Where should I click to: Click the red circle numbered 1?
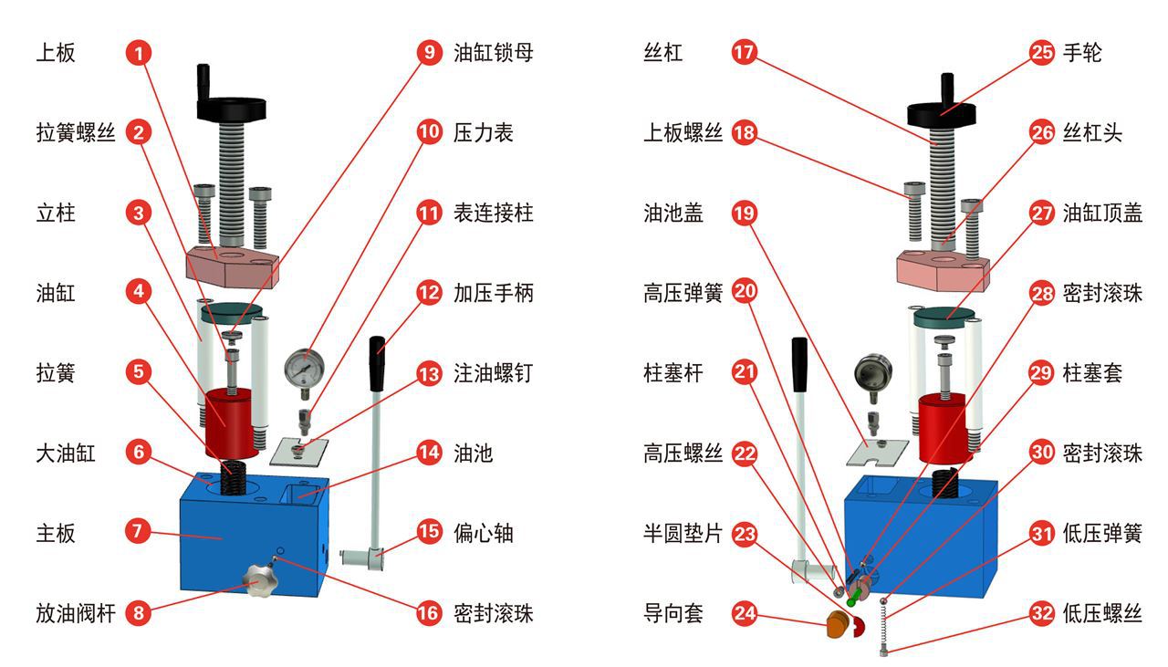pyautogui.click(x=138, y=52)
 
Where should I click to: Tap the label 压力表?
pyautogui.click(x=484, y=132)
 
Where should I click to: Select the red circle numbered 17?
pyautogui.click(x=745, y=52)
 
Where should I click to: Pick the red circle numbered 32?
pyautogui.click(x=1042, y=613)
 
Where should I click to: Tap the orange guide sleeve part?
pyautogui.click(x=836, y=625)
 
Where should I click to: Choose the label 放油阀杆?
pyautogui.click(x=76, y=613)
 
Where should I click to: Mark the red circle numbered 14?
pyautogui.click(x=428, y=453)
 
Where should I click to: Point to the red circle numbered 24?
pyautogui.click(x=745, y=613)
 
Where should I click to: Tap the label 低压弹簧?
pyautogui.click(x=1102, y=533)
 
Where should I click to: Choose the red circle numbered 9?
pyautogui.click(x=428, y=52)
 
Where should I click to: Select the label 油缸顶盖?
pyautogui.click(x=1102, y=213)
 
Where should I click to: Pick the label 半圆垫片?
pyautogui.click(x=683, y=533)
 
